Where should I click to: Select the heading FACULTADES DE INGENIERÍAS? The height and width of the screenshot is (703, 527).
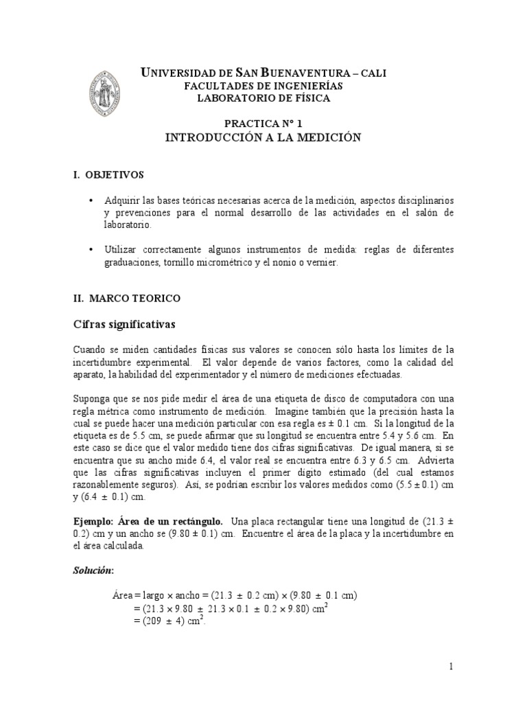click(x=264, y=86)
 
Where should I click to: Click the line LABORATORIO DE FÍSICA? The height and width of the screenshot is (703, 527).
click(x=264, y=98)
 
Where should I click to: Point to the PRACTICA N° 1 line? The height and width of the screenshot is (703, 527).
click(x=263, y=124)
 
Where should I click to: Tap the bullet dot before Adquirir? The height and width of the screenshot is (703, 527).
click(x=92, y=200)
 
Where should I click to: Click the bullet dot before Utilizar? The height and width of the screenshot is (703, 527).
click(x=92, y=249)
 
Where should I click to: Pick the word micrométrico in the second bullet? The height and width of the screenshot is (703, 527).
click(x=220, y=262)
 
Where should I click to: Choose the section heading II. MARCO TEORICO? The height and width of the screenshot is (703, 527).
click(x=126, y=299)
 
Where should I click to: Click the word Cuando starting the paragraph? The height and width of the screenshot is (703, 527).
click(x=91, y=350)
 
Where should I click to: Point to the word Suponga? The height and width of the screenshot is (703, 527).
click(x=93, y=399)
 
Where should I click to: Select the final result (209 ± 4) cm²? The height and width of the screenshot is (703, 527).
click(x=169, y=620)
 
